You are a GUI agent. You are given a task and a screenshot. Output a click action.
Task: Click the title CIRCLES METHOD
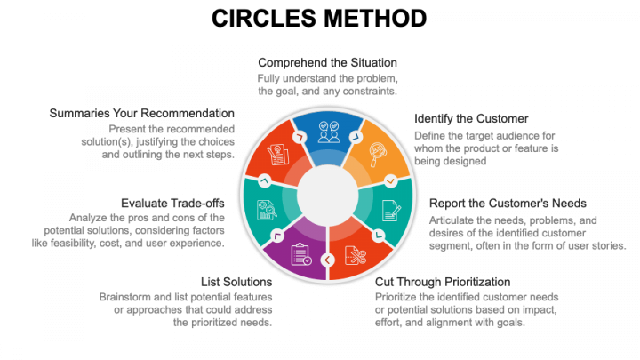tap(320, 18)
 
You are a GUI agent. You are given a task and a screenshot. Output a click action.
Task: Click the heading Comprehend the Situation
tap(327, 63)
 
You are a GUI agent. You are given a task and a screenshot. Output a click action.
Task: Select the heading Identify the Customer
tap(471, 118)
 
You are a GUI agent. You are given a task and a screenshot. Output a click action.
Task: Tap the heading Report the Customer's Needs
tap(508, 204)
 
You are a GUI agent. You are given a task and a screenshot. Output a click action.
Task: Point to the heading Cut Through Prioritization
tap(443, 282)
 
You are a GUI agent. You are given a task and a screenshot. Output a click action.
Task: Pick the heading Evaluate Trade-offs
tap(172, 204)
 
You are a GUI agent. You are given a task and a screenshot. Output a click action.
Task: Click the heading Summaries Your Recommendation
tap(142, 114)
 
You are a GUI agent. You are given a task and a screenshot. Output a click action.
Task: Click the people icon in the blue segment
tap(327, 132)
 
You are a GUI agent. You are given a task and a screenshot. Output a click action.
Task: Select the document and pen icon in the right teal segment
tap(390, 210)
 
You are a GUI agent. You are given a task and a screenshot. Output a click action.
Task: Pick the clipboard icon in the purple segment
tap(300, 255)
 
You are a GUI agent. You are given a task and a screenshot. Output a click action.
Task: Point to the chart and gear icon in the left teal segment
tap(265, 210)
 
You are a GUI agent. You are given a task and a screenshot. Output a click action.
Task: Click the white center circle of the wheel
tap(327, 194)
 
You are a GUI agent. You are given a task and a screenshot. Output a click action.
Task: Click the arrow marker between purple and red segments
tap(327, 260)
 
